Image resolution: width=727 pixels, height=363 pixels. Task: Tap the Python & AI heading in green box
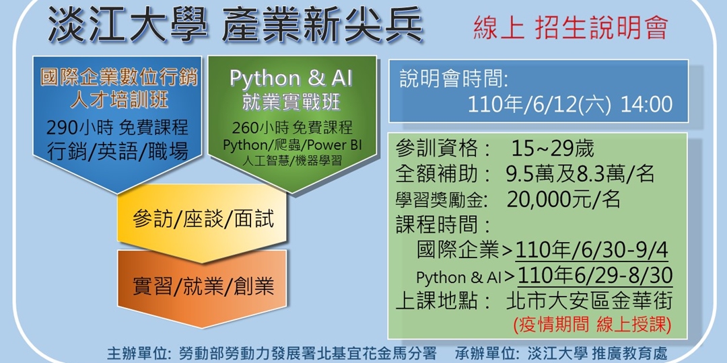[291, 79]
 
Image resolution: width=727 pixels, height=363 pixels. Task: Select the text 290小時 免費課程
[118, 127]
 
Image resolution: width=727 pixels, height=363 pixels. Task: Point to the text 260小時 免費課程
[291, 128]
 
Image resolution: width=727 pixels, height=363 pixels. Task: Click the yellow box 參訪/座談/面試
[203, 220]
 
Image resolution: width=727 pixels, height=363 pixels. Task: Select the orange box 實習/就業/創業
[203, 286]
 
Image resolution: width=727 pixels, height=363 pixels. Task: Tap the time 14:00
[646, 104]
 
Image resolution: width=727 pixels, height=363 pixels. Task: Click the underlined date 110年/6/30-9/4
[592, 251]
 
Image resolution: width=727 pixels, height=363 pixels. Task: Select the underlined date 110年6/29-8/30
[596, 276]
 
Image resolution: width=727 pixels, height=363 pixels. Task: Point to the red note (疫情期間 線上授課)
[592, 325]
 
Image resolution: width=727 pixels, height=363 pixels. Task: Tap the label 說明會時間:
[454, 79]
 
